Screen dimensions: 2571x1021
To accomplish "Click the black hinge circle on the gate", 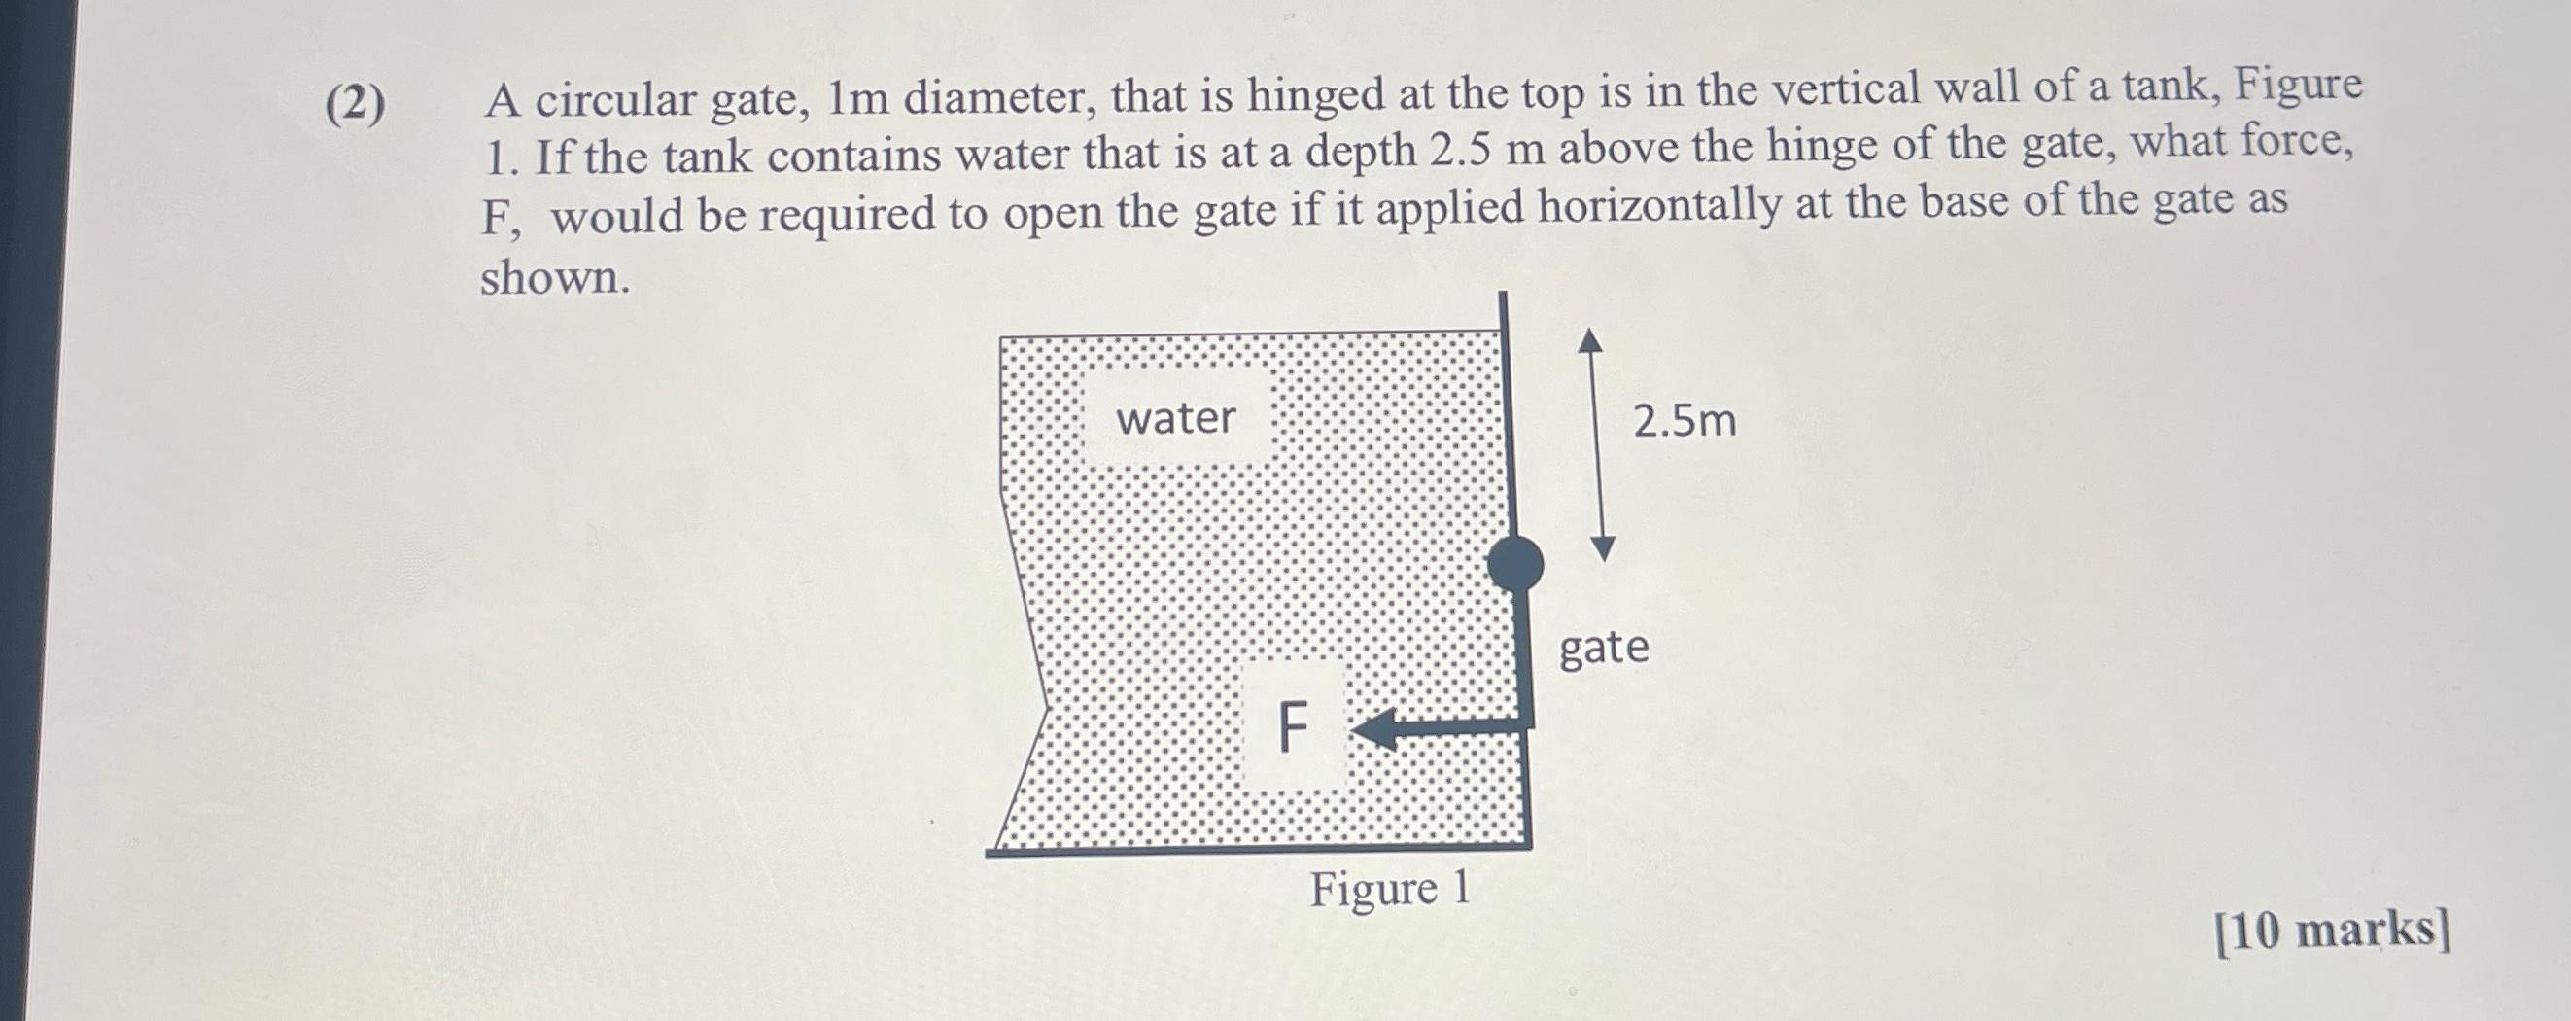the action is [x=1515, y=564].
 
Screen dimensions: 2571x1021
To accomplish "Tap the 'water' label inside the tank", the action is [x=1176, y=417].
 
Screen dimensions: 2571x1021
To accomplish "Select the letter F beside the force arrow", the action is [x=1293, y=726].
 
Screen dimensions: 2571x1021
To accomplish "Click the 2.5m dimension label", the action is [x=1685, y=420].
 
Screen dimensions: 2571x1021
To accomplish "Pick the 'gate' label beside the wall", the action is [x=1604, y=649].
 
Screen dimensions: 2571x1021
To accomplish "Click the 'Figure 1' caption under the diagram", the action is [x=1390, y=888].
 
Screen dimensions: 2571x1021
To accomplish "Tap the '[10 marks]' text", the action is [x=2333, y=932].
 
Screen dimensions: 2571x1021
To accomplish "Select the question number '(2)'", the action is [x=355, y=104].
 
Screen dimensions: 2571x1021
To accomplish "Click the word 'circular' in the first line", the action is [x=617, y=100].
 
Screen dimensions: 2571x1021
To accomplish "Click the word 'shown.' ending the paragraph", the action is [x=555, y=277].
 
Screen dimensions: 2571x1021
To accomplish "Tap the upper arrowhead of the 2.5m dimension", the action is [x=1590, y=341].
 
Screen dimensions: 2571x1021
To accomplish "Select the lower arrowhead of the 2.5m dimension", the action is [x=1602, y=549].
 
